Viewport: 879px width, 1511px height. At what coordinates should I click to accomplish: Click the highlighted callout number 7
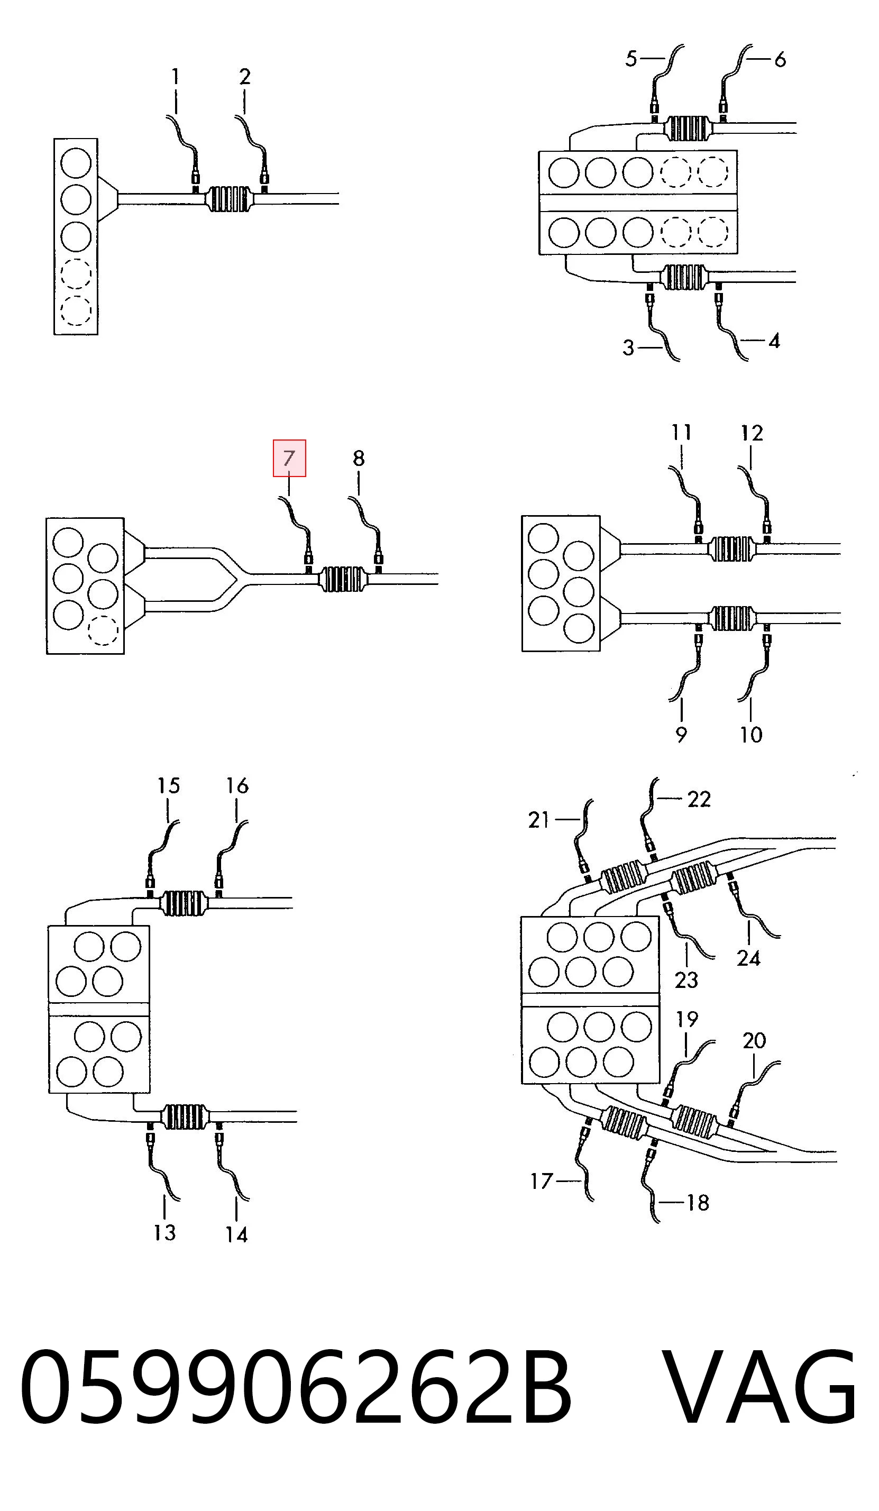pos(289,458)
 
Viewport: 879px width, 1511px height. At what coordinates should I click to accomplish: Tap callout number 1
pos(175,76)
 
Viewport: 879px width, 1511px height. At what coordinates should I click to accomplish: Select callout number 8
pos(359,458)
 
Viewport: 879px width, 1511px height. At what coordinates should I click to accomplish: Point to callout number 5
pos(631,59)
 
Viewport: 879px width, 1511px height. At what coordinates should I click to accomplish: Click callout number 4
pos(774,341)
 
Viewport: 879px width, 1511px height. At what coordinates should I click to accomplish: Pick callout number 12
pos(752,433)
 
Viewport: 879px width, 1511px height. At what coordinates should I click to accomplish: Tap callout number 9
pos(681,735)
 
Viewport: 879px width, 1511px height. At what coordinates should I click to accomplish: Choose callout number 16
pos(237,785)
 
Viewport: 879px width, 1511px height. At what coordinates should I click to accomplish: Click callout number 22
pos(699,799)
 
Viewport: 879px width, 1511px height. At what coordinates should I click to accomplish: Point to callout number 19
pos(687,1019)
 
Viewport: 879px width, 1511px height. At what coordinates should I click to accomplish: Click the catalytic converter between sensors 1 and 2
pos(229,199)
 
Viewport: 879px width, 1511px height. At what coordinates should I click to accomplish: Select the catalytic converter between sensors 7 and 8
pos(343,579)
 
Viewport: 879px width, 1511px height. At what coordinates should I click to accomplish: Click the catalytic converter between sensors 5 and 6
pos(687,127)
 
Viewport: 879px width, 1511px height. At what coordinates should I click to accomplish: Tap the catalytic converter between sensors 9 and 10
pos(731,618)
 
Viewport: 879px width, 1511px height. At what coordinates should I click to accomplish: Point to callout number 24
pos(748,958)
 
